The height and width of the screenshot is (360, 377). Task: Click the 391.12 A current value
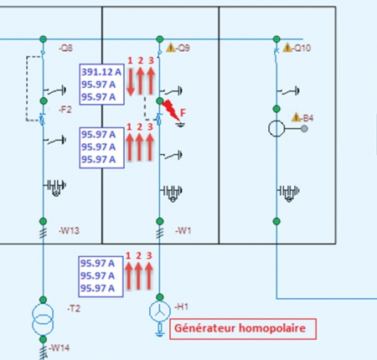(x=101, y=72)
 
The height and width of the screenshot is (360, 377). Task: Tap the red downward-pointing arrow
(x=131, y=81)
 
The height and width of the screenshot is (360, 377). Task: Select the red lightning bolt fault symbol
(x=171, y=110)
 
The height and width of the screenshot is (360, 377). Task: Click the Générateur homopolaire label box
(x=243, y=329)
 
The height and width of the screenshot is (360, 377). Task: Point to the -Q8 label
(x=65, y=49)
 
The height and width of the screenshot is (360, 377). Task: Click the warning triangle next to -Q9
(x=171, y=48)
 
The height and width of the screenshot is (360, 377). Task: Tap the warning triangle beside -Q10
(x=287, y=48)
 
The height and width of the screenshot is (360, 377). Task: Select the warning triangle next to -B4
(x=296, y=117)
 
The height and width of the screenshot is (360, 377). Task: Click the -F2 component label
(x=65, y=110)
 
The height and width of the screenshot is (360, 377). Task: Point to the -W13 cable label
(x=69, y=230)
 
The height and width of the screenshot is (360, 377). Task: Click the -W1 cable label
(x=183, y=230)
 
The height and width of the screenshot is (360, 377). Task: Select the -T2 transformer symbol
(x=43, y=320)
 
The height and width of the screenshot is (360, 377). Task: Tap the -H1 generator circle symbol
(x=160, y=311)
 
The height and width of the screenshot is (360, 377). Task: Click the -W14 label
(x=59, y=348)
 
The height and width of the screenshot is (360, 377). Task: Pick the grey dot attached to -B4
(x=304, y=129)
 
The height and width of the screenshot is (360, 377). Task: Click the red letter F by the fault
(x=183, y=113)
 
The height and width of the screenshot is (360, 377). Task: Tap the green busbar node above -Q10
(x=276, y=39)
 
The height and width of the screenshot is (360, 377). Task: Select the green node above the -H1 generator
(x=160, y=297)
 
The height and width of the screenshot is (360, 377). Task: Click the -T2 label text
(x=74, y=308)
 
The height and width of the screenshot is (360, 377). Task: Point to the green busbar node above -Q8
(x=43, y=39)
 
